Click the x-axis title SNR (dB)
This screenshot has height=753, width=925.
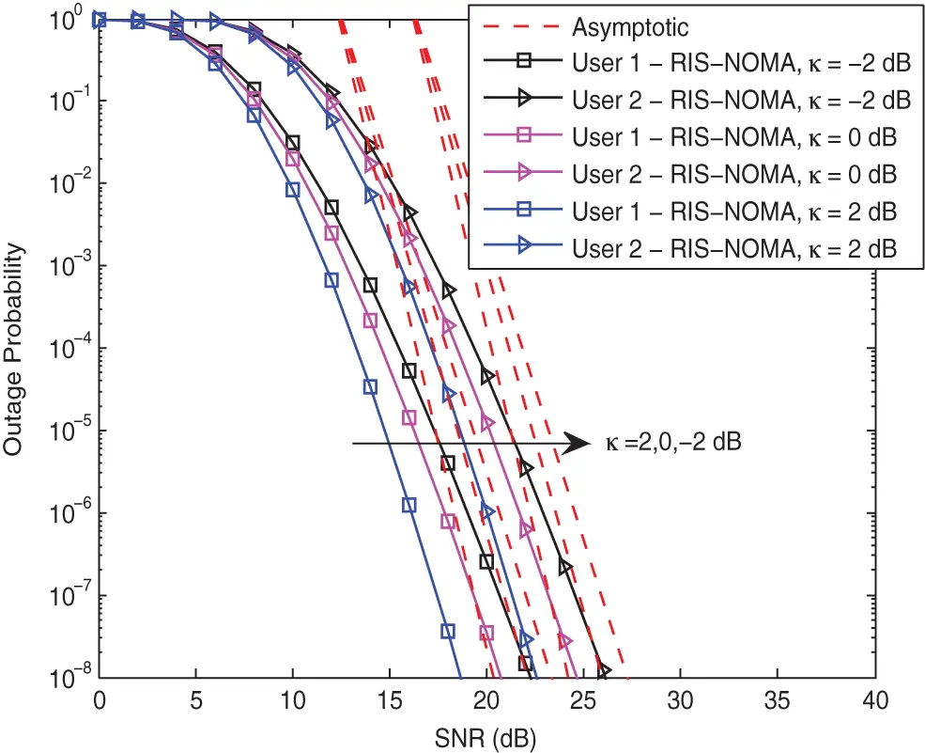click(486, 734)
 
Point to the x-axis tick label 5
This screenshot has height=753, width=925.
click(196, 700)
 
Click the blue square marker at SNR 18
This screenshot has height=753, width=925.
click(448, 630)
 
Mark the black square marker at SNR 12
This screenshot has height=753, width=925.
click(331, 207)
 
